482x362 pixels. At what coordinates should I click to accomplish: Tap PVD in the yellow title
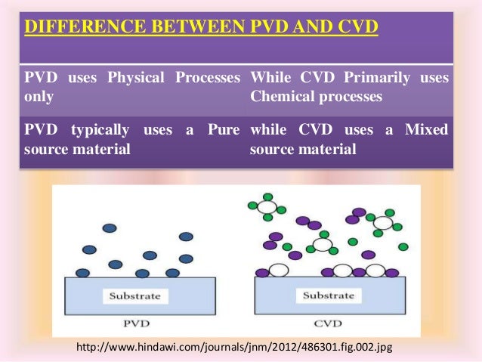point(272,29)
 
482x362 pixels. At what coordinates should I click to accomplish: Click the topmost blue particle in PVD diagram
point(110,227)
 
